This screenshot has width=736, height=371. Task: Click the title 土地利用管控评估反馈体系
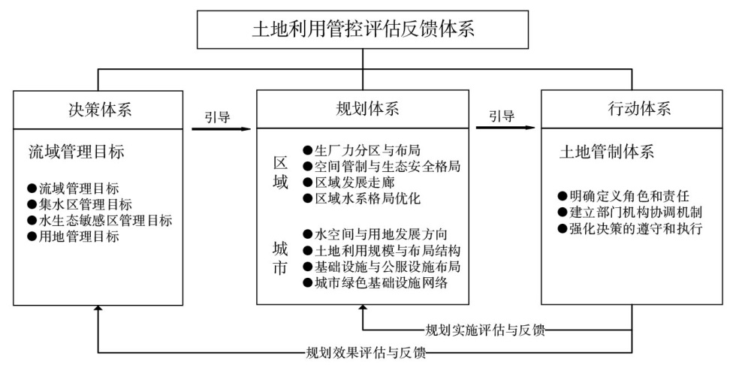[x=363, y=29]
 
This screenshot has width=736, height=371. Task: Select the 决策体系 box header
[x=99, y=110]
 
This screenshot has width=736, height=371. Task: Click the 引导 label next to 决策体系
[x=217, y=116]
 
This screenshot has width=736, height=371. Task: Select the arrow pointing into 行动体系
[x=505, y=127]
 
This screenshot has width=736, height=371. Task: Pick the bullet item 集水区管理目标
[x=80, y=205]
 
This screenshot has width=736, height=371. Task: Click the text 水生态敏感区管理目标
[x=100, y=221]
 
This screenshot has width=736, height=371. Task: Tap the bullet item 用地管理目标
[x=74, y=237]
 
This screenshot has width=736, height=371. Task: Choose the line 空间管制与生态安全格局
[x=382, y=166]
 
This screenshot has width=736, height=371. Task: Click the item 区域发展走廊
[x=348, y=182]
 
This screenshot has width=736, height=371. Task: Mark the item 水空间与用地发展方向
[x=376, y=234]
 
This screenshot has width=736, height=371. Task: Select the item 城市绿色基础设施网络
[x=376, y=282]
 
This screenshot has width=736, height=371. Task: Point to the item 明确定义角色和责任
[x=623, y=196]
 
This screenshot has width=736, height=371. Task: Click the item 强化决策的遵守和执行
[x=630, y=229]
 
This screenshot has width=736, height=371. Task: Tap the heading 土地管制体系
[x=607, y=152]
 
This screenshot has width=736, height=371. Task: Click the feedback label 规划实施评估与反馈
[x=485, y=330]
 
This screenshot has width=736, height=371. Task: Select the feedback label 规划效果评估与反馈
[x=366, y=352]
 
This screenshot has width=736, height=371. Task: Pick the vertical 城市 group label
[x=280, y=258]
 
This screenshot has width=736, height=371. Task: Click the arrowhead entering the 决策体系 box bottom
[x=98, y=308]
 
